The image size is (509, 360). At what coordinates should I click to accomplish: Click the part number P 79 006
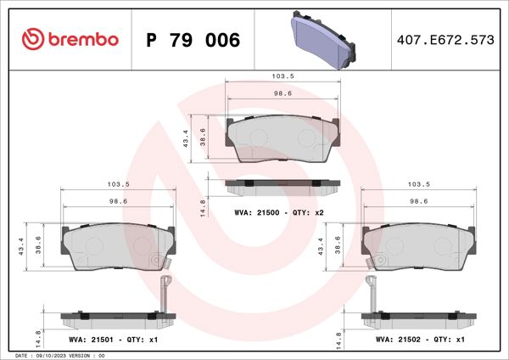[193, 40]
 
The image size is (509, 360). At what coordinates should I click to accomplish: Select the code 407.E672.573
[445, 40]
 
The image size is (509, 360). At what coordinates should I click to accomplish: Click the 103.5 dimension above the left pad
[118, 184]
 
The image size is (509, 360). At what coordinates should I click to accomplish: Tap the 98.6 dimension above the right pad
[418, 202]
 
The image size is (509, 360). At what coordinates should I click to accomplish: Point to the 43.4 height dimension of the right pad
[321, 245]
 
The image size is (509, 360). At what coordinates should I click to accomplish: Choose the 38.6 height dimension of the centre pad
[203, 137]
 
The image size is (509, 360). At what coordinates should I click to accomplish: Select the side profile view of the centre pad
[283, 184]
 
